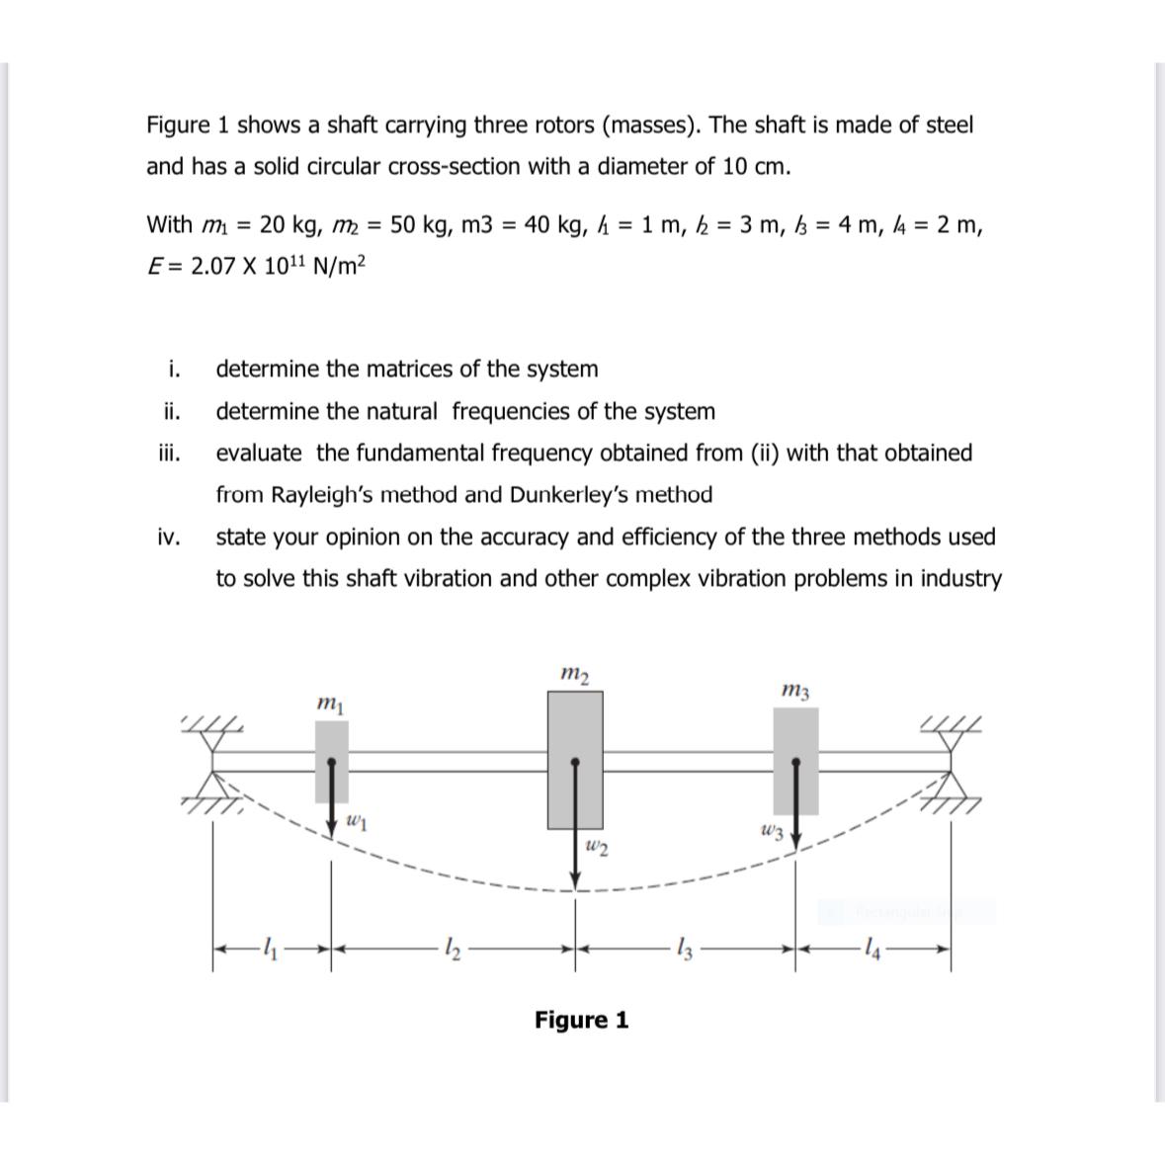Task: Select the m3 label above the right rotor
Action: click(x=795, y=690)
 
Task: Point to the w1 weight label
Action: click(x=358, y=819)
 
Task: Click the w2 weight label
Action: click(x=596, y=846)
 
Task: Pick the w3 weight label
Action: click(x=772, y=832)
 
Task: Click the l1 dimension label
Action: click(x=271, y=951)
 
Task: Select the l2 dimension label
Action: click(x=450, y=951)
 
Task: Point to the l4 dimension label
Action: click(x=869, y=951)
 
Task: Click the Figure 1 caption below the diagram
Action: click(x=581, y=1020)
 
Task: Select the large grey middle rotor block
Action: click(x=575, y=758)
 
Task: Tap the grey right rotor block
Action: click(x=795, y=759)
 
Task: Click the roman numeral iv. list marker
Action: click(x=168, y=537)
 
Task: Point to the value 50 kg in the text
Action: click(x=421, y=225)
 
